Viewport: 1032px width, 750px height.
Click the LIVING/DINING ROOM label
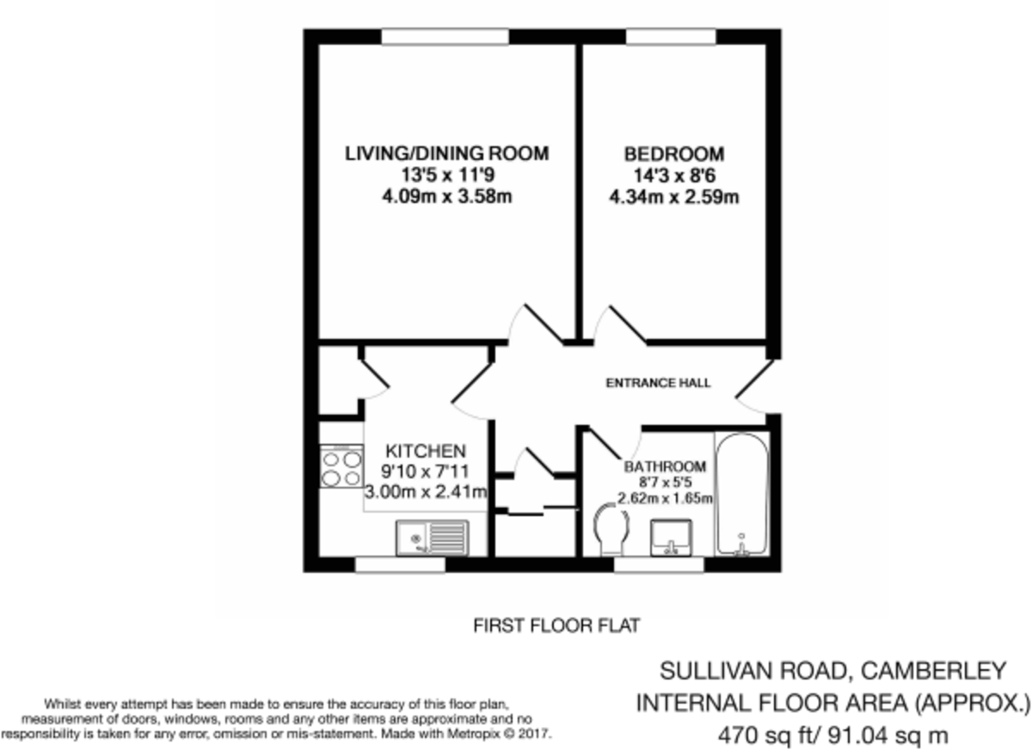tap(446, 154)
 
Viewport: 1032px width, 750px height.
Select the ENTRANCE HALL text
tap(658, 383)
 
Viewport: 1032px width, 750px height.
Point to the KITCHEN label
tap(425, 451)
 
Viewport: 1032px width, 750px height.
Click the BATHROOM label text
tap(665, 467)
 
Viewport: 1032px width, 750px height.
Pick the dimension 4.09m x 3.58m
tap(446, 197)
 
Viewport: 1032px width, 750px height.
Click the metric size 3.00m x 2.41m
tap(427, 493)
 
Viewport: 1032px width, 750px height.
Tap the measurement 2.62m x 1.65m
tap(666, 498)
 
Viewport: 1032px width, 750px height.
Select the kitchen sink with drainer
tap(430, 538)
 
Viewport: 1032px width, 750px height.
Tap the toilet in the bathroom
tap(611, 528)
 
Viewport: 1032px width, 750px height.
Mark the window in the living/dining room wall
tap(445, 36)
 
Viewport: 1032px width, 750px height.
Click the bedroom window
tap(671, 36)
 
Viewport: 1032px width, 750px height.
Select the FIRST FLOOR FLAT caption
tap(556, 625)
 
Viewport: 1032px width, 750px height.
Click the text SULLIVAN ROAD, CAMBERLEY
tap(832, 670)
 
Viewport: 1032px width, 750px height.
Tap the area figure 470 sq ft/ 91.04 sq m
tap(832, 736)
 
